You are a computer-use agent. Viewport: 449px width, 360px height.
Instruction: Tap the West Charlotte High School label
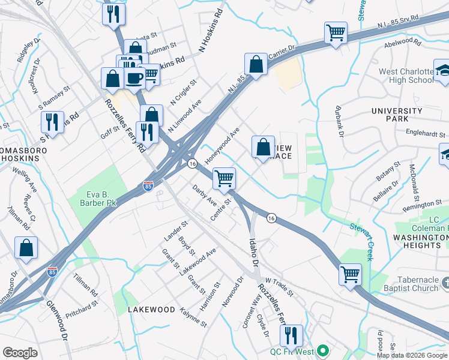tap(406, 76)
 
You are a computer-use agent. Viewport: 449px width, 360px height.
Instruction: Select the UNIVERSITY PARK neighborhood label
tap(397, 115)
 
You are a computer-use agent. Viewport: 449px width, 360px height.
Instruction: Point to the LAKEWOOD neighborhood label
tap(151, 310)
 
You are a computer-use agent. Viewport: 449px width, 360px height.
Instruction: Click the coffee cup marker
tap(134, 77)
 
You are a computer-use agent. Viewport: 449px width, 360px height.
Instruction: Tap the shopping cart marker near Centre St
tap(224, 178)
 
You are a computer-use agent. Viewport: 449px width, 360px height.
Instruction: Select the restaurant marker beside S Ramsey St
tap(52, 122)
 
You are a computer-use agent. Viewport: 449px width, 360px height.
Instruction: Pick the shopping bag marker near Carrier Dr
tap(256, 63)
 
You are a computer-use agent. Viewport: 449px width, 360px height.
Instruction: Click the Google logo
tap(20, 353)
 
